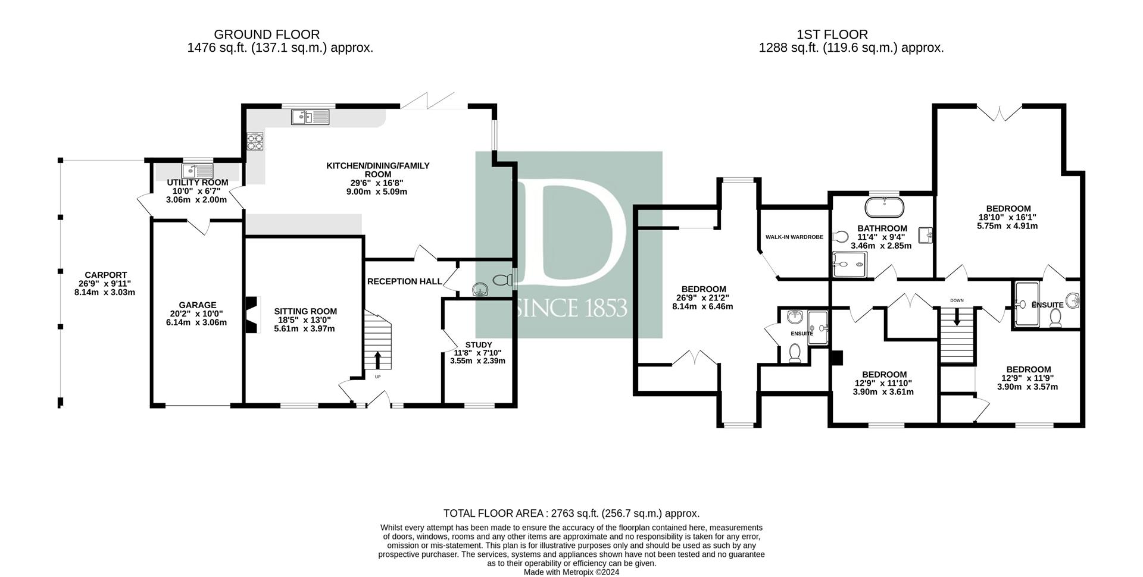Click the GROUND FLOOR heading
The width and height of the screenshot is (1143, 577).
pyautogui.click(x=267, y=35)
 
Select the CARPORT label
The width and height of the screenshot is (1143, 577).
pyautogui.click(x=106, y=275)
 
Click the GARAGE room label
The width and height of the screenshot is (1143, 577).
pyautogui.click(x=199, y=305)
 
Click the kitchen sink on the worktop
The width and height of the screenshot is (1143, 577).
pyautogui.click(x=310, y=117)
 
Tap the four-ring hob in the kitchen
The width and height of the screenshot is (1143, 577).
pyautogui.click(x=256, y=142)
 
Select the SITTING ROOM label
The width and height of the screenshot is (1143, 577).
pyautogui.click(x=305, y=311)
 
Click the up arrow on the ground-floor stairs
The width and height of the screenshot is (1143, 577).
pyautogui.click(x=377, y=360)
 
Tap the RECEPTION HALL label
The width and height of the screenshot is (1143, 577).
pyautogui.click(x=405, y=281)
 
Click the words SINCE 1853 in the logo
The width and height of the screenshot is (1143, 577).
pyautogui.click(x=572, y=308)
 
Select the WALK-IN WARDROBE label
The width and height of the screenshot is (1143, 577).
pyautogui.click(x=794, y=237)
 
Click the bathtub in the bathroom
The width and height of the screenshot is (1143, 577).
pyautogui.click(x=885, y=208)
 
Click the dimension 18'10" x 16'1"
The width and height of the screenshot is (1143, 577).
pyautogui.click(x=1008, y=217)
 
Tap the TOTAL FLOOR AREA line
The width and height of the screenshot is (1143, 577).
pyautogui.click(x=571, y=513)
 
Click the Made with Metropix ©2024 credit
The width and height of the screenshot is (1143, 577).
pyautogui.click(x=571, y=572)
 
